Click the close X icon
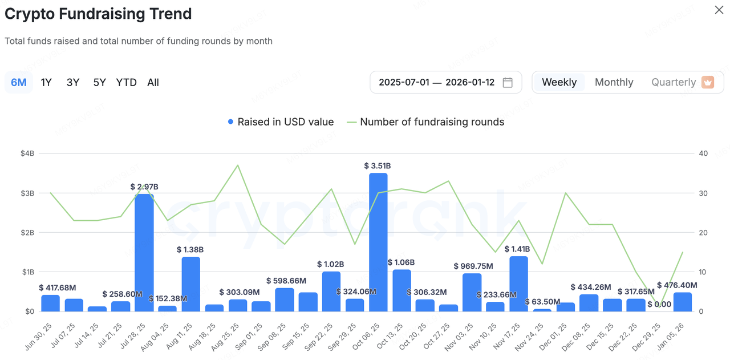tap(719, 10)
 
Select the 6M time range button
tap(19, 83)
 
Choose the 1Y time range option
tap(46, 83)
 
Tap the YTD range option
tap(126, 83)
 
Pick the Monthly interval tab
tap(614, 83)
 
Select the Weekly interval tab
tap(559, 83)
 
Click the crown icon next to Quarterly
tap(708, 82)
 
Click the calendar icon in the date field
tap(508, 83)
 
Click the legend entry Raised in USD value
tap(280, 122)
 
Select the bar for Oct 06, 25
tap(378, 242)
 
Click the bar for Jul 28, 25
tap(144, 253)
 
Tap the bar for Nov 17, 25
tap(518, 284)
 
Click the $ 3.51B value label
tap(378, 166)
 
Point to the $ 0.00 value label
tap(659, 304)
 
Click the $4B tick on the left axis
tap(27, 153)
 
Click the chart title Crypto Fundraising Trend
tap(98, 14)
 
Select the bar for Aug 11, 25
tap(190, 284)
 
